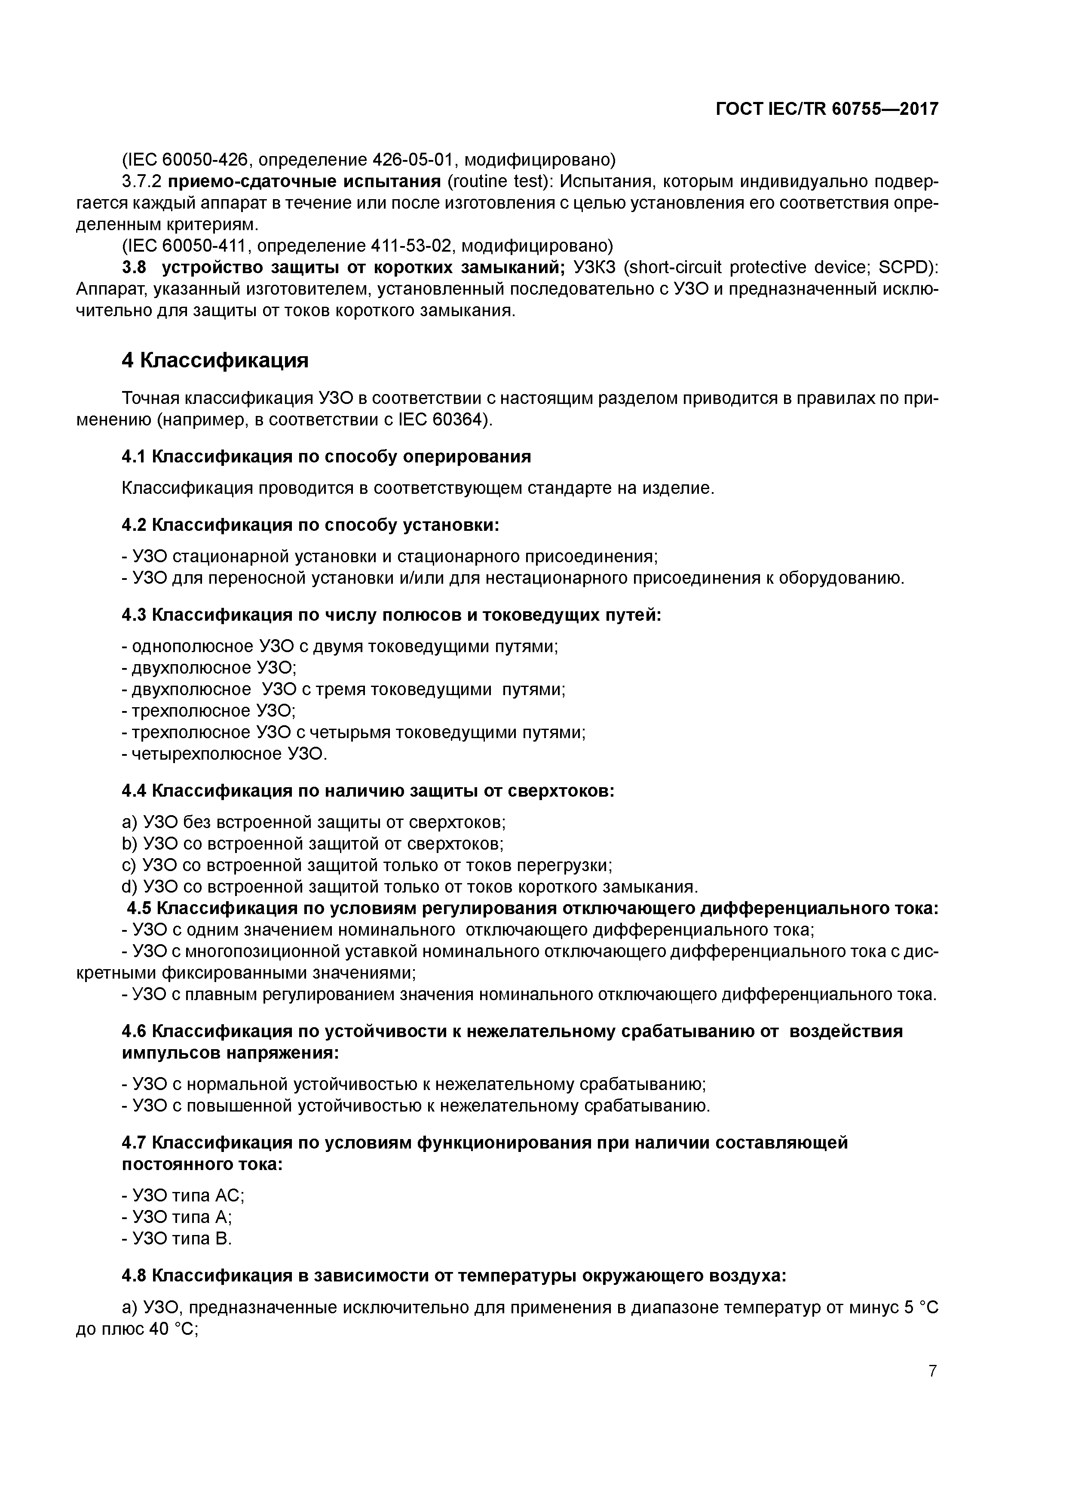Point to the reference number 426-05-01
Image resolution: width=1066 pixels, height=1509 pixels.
click(411, 160)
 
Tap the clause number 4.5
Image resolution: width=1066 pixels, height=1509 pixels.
click(139, 909)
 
